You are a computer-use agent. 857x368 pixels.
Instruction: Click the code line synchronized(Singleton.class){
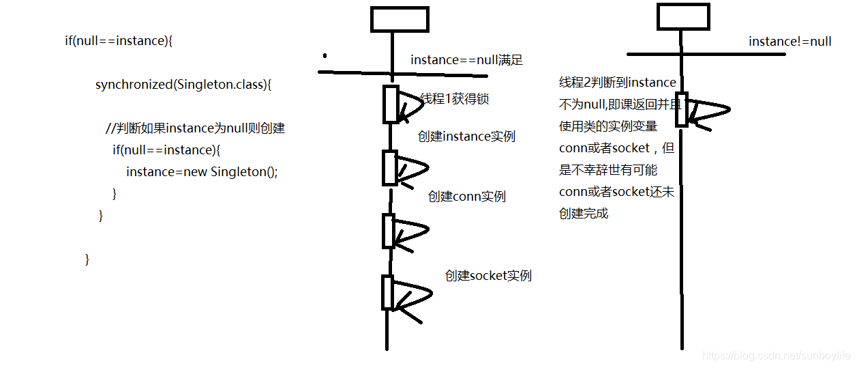click(183, 85)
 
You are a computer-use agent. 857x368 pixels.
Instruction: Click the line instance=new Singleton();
click(202, 171)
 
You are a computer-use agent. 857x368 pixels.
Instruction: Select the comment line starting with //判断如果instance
click(194, 128)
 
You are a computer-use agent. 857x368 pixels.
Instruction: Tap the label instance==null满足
click(466, 60)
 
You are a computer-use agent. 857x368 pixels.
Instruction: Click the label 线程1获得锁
click(455, 99)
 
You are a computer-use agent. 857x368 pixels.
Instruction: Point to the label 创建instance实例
click(466, 137)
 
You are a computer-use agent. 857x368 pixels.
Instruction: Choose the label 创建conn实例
click(467, 197)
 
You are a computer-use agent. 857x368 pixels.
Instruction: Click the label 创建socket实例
click(488, 276)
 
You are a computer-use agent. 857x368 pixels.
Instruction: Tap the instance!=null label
click(790, 42)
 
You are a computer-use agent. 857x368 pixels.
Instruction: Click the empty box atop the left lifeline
click(400, 19)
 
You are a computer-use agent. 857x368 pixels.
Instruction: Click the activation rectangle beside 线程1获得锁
click(391, 104)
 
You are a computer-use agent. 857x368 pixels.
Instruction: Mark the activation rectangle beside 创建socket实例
click(389, 292)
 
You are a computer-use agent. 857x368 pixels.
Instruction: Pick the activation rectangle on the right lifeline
click(682, 109)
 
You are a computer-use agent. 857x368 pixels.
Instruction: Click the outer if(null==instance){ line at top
click(119, 41)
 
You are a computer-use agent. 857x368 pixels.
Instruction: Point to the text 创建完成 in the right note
click(584, 214)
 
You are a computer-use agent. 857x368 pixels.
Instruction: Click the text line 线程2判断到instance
click(617, 83)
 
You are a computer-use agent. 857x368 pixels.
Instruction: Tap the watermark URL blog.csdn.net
click(776, 356)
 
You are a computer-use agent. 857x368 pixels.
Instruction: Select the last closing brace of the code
click(87, 259)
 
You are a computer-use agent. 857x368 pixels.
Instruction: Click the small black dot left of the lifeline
click(325, 55)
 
